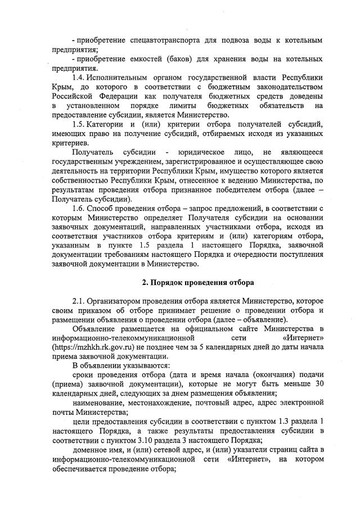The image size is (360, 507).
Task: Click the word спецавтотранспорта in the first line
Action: pyautogui.click(x=160, y=41)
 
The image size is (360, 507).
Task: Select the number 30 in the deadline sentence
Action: pyautogui.click(x=318, y=384)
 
